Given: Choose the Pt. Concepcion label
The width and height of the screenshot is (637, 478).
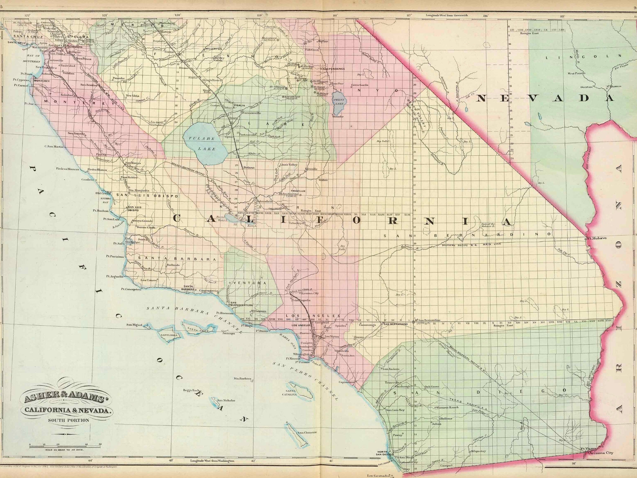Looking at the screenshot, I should pos(131,289).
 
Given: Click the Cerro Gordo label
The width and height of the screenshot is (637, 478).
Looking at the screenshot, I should pos(360,85).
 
